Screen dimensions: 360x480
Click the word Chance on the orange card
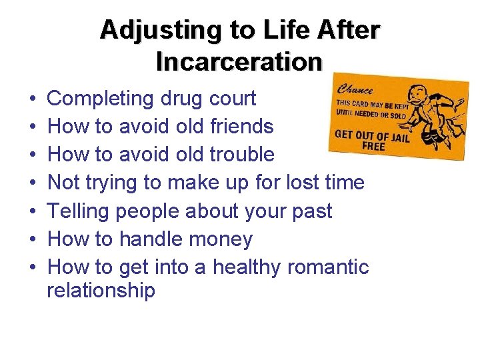[356, 89]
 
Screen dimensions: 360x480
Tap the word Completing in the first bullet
[101, 99]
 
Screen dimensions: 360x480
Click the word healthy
[247, 267]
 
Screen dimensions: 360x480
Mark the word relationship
[101, 291]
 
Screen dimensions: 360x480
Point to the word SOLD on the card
[397, 115]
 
